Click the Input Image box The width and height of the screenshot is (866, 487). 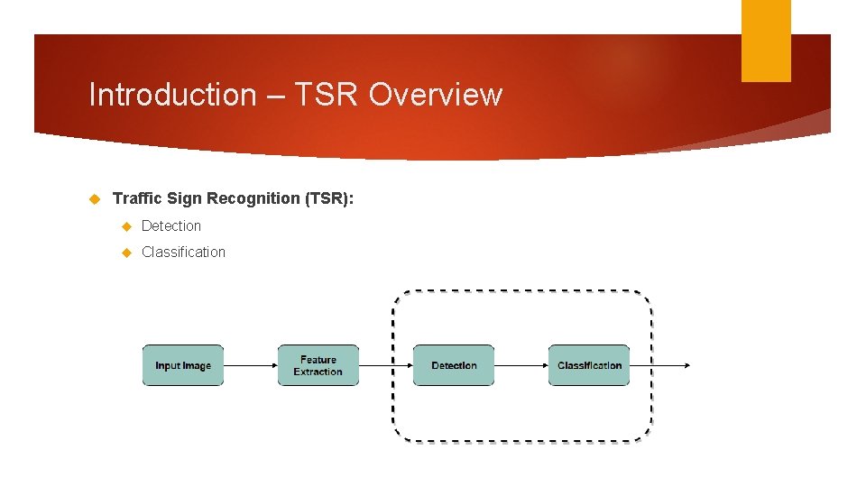coord(183,365)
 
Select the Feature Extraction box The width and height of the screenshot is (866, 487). coord(318,365)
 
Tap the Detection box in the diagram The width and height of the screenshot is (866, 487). coord(454,365)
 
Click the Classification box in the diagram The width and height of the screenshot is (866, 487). coord(589,365)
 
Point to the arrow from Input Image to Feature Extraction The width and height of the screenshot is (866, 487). coord(250,365)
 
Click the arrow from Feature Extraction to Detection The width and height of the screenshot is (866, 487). coord(385,365)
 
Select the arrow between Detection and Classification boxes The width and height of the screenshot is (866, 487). coord(521,365)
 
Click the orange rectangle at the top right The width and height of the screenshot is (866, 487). coord(766,40)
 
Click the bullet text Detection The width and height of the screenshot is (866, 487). coord(171,225)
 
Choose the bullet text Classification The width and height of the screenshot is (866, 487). coord(183,252)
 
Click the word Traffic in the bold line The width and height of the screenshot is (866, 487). coord(137,198)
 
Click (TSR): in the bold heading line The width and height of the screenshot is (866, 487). coord(327,198)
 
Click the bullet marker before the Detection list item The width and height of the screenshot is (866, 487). coord(127,226)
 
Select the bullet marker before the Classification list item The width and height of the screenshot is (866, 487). coord(127,253)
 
